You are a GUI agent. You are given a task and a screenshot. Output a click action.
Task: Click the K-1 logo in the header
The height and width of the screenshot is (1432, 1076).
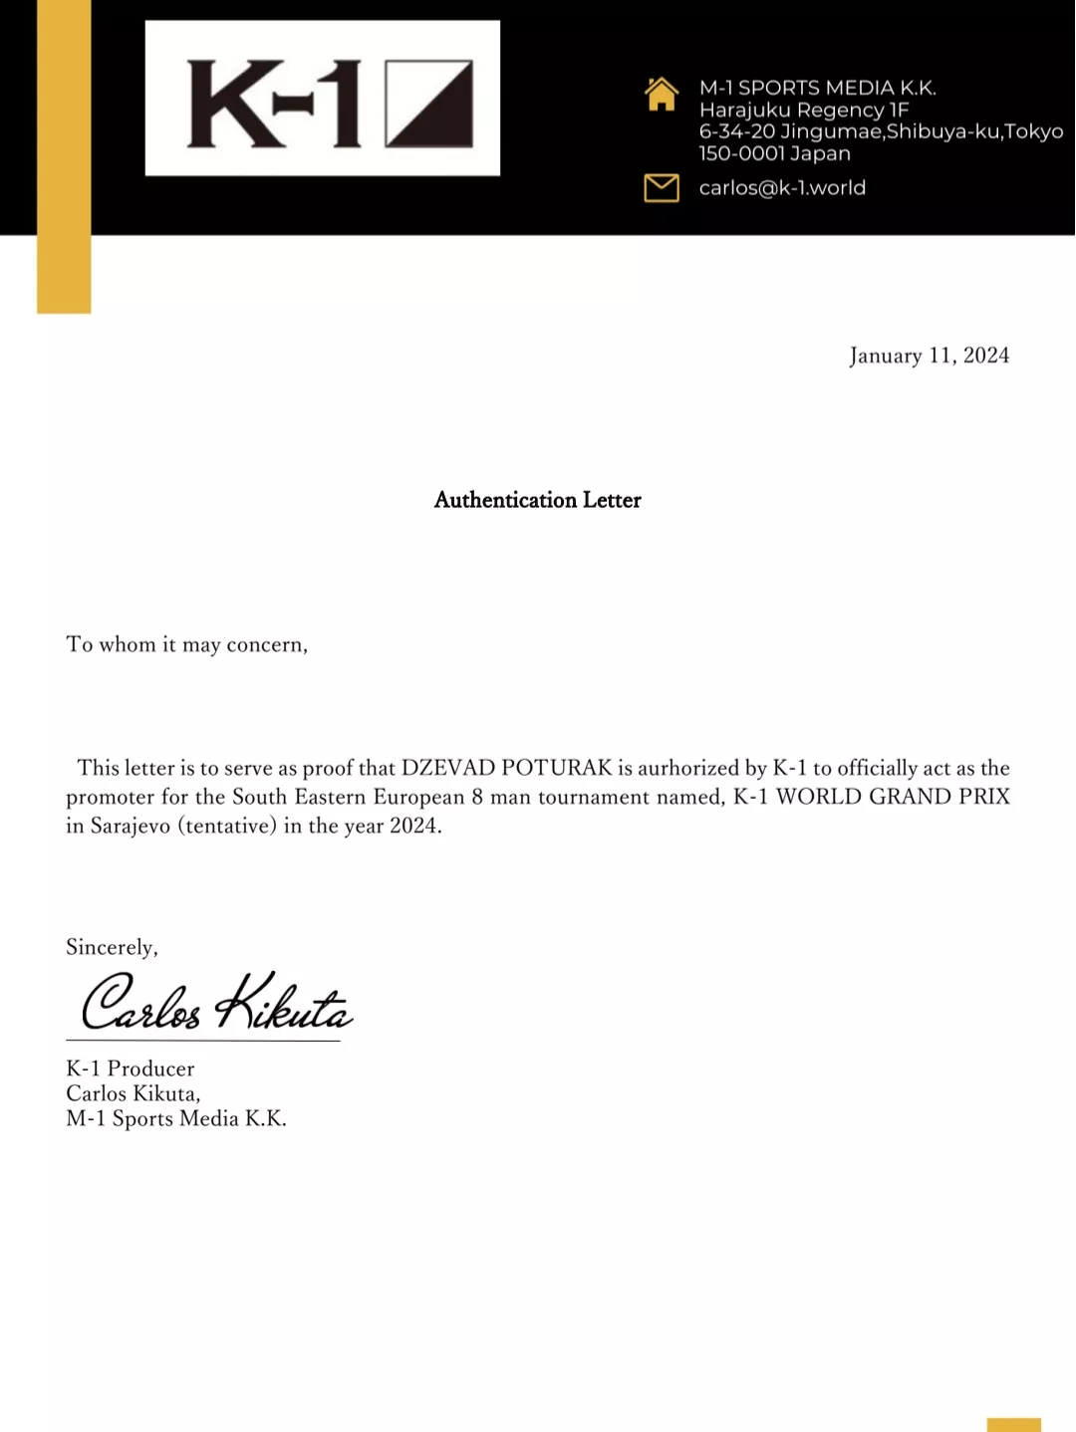click(322, 99)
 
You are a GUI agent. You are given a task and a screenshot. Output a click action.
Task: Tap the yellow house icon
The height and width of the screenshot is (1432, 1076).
click(662, 95)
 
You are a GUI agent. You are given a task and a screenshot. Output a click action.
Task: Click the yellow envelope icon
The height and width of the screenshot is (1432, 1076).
click(662, 187)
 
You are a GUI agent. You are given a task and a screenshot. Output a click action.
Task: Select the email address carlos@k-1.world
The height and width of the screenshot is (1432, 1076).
click(782, 188)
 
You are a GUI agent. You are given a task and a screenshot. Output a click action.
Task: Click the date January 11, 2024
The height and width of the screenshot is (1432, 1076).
click(929, 356)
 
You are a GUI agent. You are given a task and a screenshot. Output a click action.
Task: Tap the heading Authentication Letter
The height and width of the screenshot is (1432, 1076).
click(537, 500)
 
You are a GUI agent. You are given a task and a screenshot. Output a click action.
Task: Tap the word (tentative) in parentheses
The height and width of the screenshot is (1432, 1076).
click(226, 826)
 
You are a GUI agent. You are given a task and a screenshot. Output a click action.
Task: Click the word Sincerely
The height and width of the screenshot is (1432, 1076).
click(111, 947)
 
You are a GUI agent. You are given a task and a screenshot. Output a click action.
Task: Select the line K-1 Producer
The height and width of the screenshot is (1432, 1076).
click(131, 1069)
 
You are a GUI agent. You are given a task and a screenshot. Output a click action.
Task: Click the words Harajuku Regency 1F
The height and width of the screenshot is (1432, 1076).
click(803, 111)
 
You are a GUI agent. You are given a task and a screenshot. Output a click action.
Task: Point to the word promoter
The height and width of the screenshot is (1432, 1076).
click(110, 797)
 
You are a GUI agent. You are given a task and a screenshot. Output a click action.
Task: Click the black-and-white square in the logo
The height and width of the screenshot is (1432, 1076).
click(428, 104)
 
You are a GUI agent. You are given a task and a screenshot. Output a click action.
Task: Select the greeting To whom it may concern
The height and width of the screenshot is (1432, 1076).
click(186, 644)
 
